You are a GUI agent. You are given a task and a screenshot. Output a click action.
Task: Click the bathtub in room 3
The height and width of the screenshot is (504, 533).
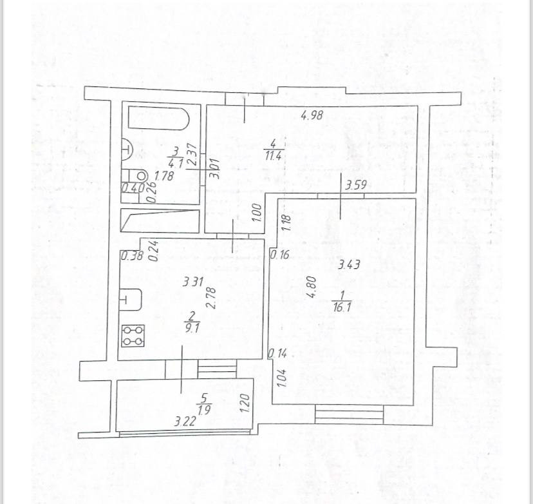click(x=158, y=119)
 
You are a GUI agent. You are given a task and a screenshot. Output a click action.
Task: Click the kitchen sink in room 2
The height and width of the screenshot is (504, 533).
click(x=130, y=299)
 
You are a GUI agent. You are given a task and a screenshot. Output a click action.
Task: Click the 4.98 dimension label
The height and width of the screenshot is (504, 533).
click(x=312, y=116)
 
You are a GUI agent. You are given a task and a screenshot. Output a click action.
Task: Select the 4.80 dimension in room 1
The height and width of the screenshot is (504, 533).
click(x=312, y=287)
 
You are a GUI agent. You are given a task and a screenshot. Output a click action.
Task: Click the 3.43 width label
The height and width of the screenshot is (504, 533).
click(x=349, y=263)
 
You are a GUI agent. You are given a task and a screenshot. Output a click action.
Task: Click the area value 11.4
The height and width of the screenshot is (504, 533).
click(x=274, y=154)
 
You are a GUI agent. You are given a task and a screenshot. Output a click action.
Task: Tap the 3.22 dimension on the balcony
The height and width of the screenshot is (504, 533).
click(x=185, y=422)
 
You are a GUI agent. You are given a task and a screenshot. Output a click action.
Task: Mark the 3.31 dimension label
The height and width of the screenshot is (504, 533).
click(x=193, y=281)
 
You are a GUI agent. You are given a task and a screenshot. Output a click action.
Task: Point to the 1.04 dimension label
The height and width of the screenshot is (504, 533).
click(x=281, y=376)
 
